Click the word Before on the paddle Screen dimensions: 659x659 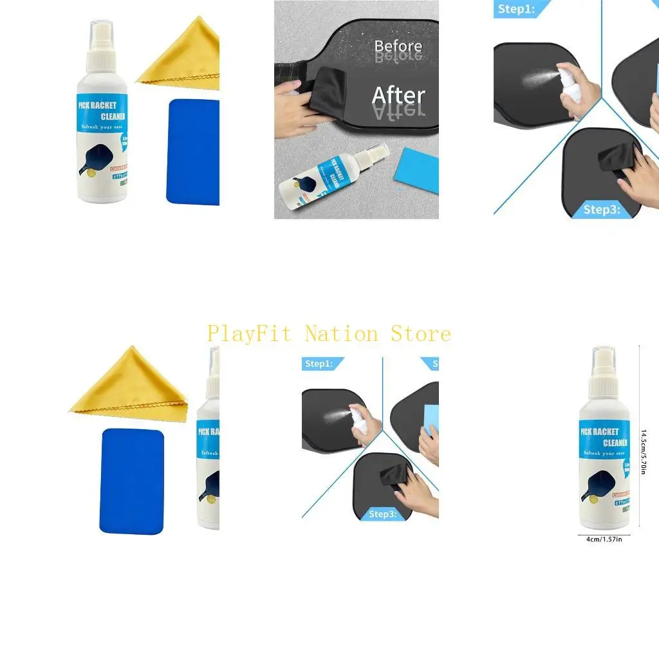398,46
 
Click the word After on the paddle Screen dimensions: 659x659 398,96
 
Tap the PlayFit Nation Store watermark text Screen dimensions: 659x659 329,334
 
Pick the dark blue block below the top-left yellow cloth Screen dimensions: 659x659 192,151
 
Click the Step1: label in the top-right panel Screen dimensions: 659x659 515,9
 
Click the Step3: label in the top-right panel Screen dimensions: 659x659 602,209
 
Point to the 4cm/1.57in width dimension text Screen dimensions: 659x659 604,539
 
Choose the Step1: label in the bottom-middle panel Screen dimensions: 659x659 319,364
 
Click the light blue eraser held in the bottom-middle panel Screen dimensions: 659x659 429,421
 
